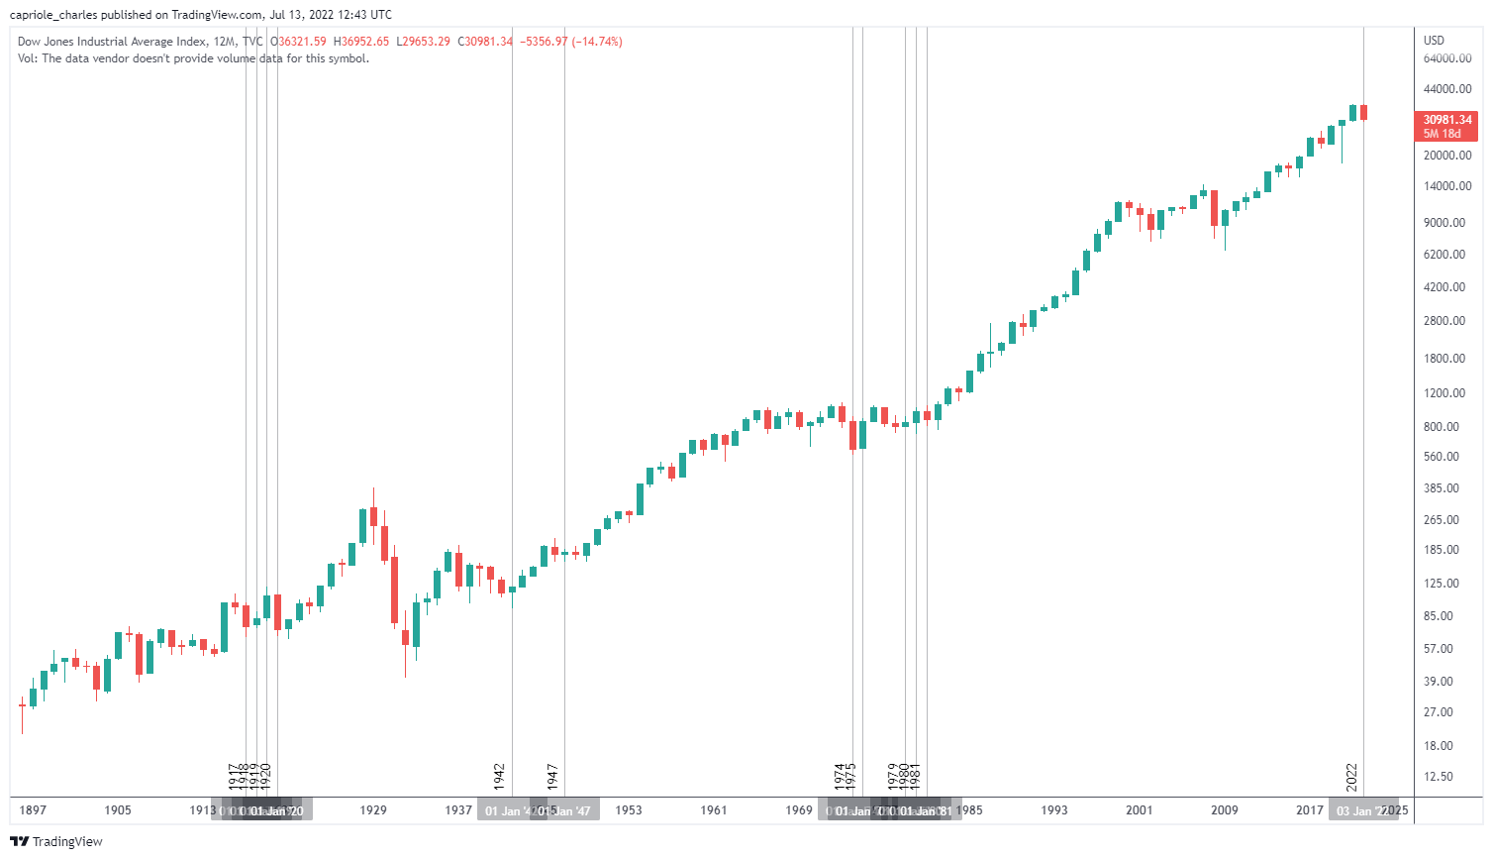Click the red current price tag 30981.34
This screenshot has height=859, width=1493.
pyautogui.click(x=1446, y=120)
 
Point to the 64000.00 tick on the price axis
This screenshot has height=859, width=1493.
pyautogui.click(x=1446, y=58)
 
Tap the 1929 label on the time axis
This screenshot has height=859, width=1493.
pyautogui.click(x=373, y=810)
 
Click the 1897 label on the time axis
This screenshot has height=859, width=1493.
pyautogui.click(x=33, y=810)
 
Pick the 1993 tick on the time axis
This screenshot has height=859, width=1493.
pyautogui.click(x=1054, y=810)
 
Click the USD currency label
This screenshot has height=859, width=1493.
pyautogui.click(x=1434, y=41)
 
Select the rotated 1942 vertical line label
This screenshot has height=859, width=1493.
pyautogui.click(x=500, y=776)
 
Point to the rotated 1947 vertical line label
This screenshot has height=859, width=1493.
pyautogui.click(x=552, y=776)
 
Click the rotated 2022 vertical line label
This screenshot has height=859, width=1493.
pyautogui.click(x=1352, y=776)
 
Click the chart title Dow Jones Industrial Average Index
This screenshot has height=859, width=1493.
pyautogui.click(x=112, y=42)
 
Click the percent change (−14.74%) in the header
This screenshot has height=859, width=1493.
pyautogui.click(x=597, y=42)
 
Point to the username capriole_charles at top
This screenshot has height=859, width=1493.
pyautogui.click(x=53, y=15)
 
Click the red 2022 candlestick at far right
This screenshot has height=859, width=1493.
pyautogui.click(x=1363, y=113)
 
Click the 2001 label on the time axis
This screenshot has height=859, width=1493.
pyautogui.click(x=1140, y=810)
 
